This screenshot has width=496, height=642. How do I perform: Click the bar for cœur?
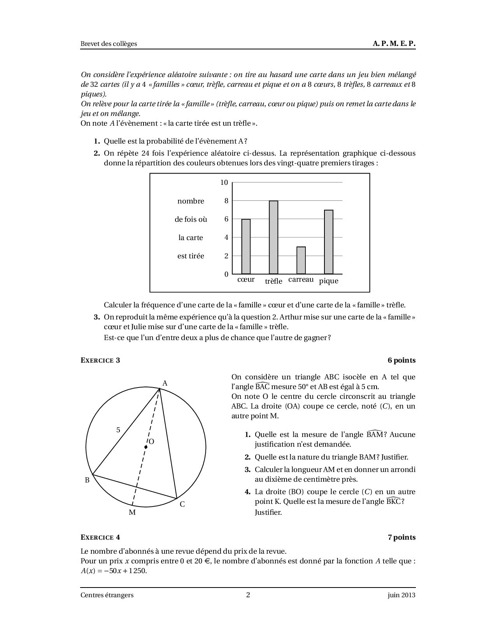(246, 247)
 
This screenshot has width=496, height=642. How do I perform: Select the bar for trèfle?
(273, 237)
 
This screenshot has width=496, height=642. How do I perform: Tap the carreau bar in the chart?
(301, 260)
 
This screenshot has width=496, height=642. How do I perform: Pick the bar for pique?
(329, 242)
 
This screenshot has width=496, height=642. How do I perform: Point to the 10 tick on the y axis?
(224, 182)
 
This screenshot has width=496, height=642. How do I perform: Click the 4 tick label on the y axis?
(226, 237)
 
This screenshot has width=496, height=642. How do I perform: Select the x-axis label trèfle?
(273, 281)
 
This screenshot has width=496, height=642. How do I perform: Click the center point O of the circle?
(145, 447)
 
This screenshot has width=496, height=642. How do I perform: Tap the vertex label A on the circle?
(165, 383)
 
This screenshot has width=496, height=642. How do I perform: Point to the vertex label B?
(87, 480)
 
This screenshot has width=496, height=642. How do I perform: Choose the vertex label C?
(182, 504)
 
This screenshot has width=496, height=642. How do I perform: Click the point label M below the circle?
(132, 512)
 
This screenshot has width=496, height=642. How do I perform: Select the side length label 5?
(118, 430)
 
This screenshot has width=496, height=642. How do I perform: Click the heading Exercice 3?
(100, 360)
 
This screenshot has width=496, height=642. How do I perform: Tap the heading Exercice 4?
(100, 537)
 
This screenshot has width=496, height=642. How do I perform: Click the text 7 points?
(401, 537)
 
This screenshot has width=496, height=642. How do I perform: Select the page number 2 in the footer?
(248, 595)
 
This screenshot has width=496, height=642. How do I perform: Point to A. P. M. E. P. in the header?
(394, 44)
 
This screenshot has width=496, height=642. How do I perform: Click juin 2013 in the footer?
(401, 595)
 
